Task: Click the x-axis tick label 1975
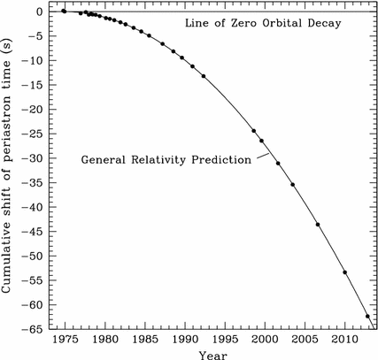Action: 65,339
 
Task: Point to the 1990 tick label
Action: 183,339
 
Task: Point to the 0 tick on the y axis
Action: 40,12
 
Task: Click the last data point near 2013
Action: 367,316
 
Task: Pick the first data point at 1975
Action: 64,11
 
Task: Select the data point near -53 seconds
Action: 344,272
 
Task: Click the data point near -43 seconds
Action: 317,224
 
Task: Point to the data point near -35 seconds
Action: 293,184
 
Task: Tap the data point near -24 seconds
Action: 254,131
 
